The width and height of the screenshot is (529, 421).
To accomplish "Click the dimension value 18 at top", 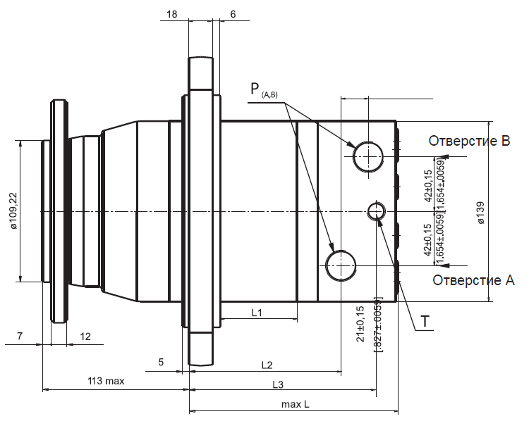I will tap(173, 14).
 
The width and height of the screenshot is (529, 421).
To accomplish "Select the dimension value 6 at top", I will tap(233, 14).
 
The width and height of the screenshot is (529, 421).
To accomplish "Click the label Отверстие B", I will tap(469, 141).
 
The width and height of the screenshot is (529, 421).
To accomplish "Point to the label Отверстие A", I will tap(473, 280).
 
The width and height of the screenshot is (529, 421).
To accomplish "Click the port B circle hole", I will tap(368, 156).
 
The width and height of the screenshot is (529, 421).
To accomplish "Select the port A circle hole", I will tap(341, 265).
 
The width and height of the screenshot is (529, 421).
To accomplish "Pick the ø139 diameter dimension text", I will tap(481, 213).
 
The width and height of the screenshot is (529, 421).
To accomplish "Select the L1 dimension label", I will tap(257, 312).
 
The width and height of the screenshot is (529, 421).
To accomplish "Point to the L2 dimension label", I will tap(267, 365).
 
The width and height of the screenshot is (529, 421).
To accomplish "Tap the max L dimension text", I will tap(295, 404).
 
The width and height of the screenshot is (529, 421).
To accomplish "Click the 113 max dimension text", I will tap(106, 381).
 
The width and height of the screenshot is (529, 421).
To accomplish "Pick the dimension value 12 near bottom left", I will tap(85, 337).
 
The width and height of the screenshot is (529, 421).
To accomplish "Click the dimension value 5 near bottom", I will tap(161, 362).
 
